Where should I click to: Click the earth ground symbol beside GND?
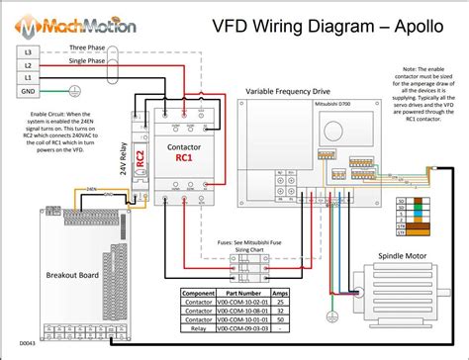click(50, 90)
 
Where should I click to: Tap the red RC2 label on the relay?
click(141, 158)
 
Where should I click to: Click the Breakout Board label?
click(47, 275)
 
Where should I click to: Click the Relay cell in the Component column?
click(198, 329)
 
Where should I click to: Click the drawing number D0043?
click(26, 343)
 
